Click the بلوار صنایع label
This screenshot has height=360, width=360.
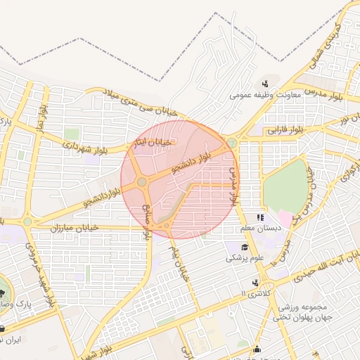(x=148, y=221)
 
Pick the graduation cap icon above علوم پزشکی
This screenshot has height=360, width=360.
(x=244, y=247)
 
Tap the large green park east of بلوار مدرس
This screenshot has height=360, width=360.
(x=286, y=186)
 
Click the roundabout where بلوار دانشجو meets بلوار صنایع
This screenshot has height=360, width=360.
(x=142, y=183)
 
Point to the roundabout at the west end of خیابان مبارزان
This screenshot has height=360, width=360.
(x=27, y=221)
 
